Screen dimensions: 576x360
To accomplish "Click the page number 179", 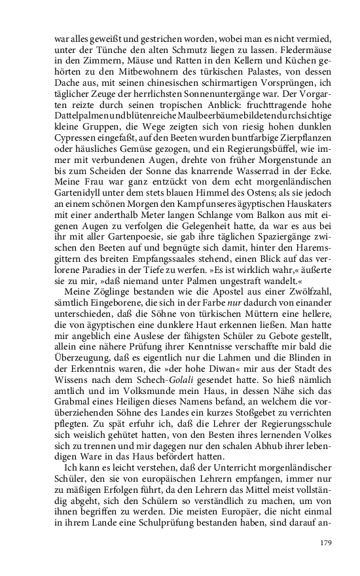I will point(327,543).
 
